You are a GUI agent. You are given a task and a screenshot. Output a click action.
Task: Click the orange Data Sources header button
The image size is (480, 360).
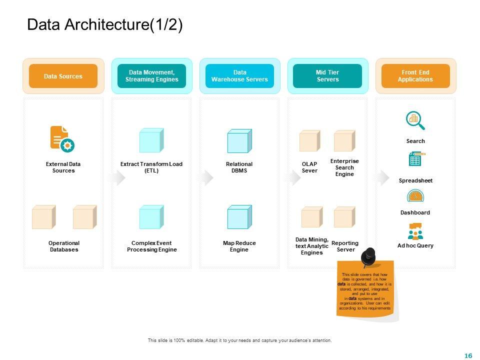(x=63, y=76)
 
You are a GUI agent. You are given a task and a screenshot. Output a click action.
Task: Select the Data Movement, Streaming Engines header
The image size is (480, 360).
(x=151, y=76)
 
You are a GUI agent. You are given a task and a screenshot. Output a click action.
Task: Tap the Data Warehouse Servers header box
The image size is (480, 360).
(x=239, y=76)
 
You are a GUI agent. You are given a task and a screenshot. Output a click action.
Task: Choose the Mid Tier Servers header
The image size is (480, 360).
(x=327, y=76)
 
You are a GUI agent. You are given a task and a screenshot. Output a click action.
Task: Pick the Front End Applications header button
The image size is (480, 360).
(x=415, y=76)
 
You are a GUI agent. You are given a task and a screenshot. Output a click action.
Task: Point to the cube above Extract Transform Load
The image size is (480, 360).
(x=151, y=140)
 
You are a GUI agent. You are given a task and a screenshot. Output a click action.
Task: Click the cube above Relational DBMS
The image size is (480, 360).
(x=239, y=141)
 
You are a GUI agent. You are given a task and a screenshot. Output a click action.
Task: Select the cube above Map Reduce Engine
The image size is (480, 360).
(x=239, y=217)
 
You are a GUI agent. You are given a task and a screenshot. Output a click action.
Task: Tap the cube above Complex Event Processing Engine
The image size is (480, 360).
(x=151, y=217)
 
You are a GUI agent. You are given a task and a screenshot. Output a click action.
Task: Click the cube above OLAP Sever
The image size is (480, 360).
(x=309, y=140)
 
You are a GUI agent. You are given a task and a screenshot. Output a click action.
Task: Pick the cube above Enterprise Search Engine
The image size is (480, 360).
(x=344, y=140)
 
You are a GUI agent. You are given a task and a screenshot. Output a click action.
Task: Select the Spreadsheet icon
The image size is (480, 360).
(x=415, y=159)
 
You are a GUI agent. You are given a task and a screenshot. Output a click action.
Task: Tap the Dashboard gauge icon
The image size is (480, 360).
(x=415, y=196)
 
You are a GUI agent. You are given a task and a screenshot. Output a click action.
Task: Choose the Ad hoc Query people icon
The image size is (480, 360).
(x=415, y=231)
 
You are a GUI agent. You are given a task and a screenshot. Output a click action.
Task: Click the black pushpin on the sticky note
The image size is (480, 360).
(x=368, y=256)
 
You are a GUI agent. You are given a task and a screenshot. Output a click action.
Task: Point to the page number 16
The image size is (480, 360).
(x=468, y=355)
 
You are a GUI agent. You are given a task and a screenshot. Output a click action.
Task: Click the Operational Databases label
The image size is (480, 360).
(x=64, y=246)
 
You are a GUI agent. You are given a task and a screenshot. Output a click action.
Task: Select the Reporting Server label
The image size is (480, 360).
(x=345, y=246)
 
